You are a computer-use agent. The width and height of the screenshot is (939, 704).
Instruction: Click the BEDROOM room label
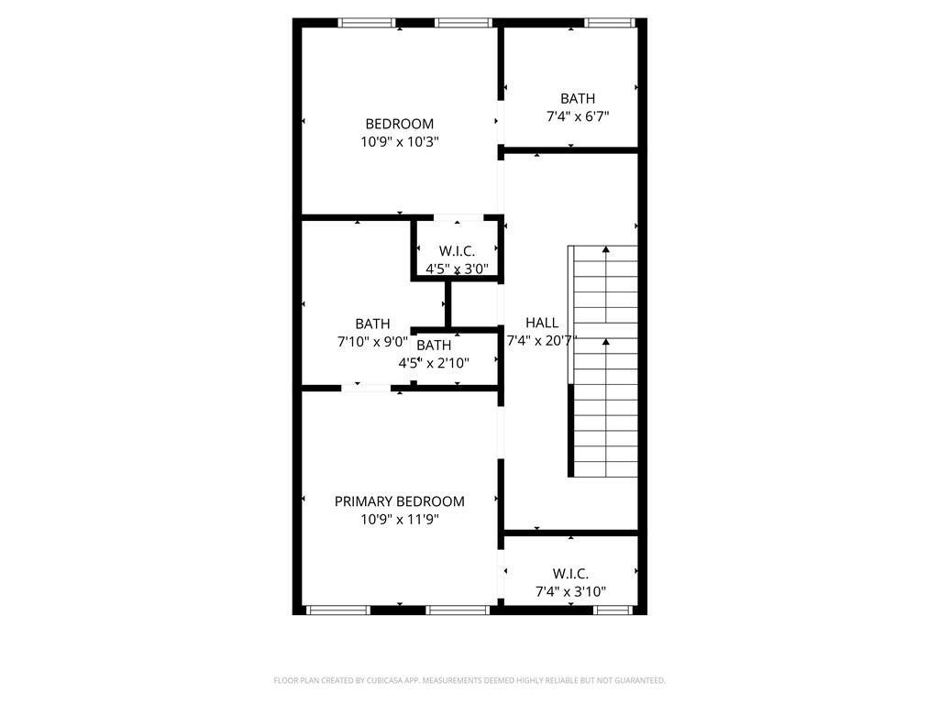pyautogui.click(x=399, y=124)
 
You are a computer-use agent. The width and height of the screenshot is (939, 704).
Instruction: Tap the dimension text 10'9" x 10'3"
pyautogui.click(x=399, y=142)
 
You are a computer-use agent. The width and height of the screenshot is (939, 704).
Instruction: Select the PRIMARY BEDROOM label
pyautogui.click(x=399, y=501)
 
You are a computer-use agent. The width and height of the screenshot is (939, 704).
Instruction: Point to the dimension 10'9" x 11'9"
pyautogui.click(x=399, y=520)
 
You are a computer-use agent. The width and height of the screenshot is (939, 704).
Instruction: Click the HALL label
pyautogui.click(x=542, y=323)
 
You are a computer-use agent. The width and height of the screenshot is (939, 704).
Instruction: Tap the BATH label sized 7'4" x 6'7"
pyautogui.click(x=578, y=98)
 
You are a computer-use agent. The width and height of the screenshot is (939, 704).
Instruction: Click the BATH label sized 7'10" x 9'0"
pyautogui.click(x=372, y=324)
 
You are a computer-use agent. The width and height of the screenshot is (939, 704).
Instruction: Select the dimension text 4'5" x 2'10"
pyautogui.click(x=434, y=363)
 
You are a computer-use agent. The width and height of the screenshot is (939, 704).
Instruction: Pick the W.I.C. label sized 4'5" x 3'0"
pyautogui.click(x=457, y=251)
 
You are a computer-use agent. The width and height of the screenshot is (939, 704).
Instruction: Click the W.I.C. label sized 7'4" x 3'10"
pyautogui.click(x=570, y=574)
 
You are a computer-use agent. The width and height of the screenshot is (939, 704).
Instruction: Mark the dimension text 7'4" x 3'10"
pyautogui.click(x=570, y=592)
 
